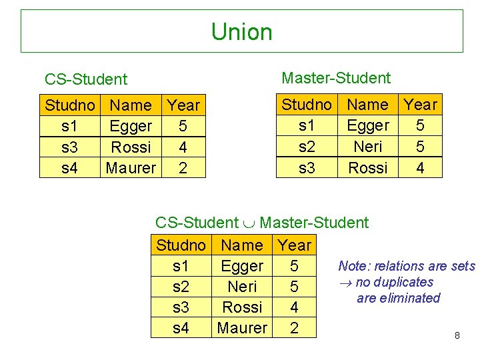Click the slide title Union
(241, 32)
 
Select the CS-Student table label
(85, 79)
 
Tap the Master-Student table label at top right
(336, 78)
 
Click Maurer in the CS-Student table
(131, 168)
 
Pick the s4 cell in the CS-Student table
(69, 168)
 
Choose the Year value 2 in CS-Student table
(183, 168)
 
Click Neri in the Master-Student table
(368, 147)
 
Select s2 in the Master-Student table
(307, 147)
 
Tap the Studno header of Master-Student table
(307, 105)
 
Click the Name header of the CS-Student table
(131, 105)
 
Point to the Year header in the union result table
(295, 245)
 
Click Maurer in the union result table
(242, 328)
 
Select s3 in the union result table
(181, 307)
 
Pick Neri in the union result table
(242, 287)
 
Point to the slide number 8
(457, 335)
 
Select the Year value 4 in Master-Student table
(420, 168)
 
